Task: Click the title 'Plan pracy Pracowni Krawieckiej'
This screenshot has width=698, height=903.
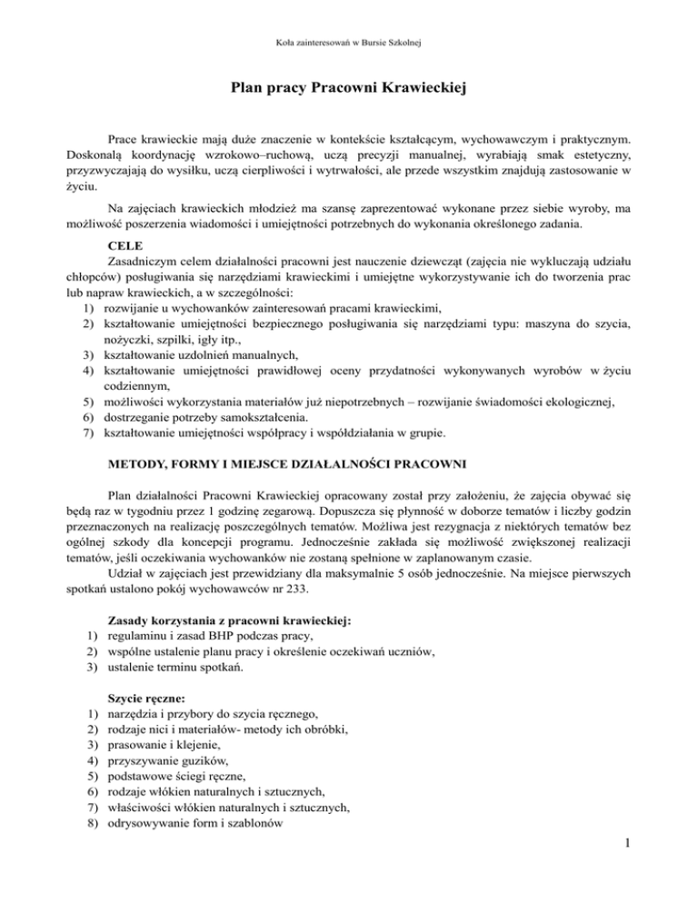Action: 349,90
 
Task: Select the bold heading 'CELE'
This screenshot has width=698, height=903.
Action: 124,245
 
